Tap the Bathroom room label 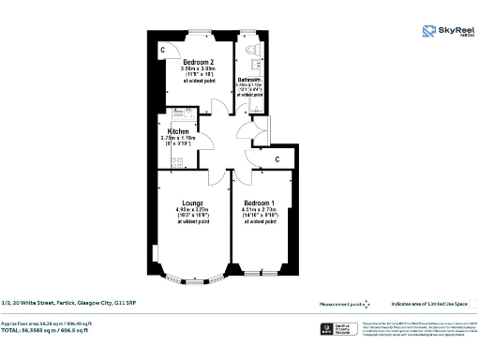[249, 79]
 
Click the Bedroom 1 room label [260, 202]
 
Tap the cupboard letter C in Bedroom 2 [162, 49]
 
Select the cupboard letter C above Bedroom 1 [278, 160]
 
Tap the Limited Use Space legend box [473, 303]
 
